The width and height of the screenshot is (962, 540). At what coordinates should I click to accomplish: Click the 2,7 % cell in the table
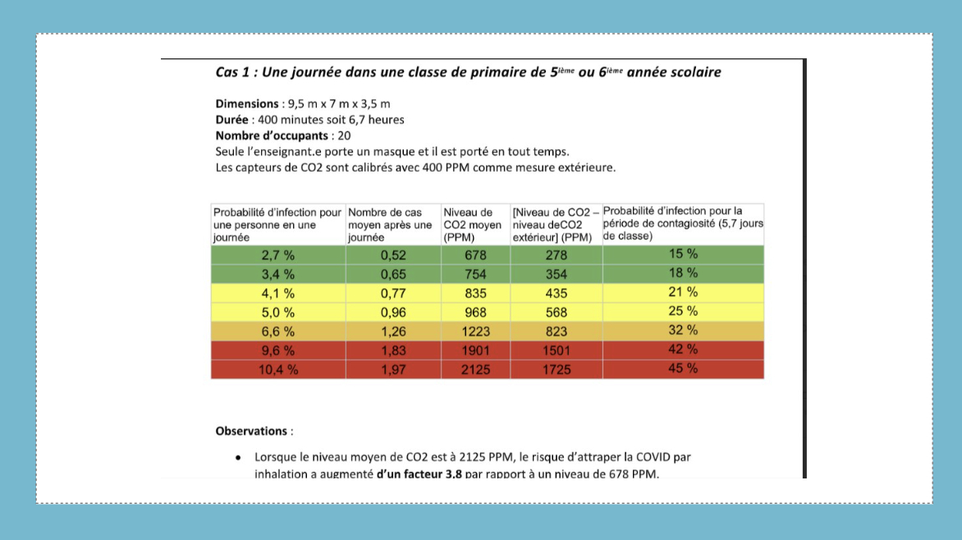pyautogui.click(x=277, y=254)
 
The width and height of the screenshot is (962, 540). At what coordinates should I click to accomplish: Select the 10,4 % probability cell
pyautogui.click(x=277, y=369)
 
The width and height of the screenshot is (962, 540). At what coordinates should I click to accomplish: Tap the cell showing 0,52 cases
pyautogui.click(x=393, y=254)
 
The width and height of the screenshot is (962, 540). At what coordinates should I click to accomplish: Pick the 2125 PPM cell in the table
pyautogui.click(x=475, y=369)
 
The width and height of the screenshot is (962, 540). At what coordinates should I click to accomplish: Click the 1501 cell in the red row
pyautogui.click(x=556, y=350)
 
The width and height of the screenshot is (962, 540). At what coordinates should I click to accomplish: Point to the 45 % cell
pyautogui.click(x=683, y=368)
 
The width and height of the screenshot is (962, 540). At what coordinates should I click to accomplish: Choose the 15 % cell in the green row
pyautogui.click(x=683, y=254)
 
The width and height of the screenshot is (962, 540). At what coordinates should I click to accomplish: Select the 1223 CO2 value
pyautogui.click(x=475, y=331)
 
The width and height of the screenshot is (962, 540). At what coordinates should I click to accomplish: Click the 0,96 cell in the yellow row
pyautogui.click(x=393, y=312)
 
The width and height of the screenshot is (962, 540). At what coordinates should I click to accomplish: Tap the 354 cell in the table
pyautogui.click(x=556, y=273)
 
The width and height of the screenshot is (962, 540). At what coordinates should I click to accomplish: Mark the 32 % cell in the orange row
pyautogui.click(x=683, y=330)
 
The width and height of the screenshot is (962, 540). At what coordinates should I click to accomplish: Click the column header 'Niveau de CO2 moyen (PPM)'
pyautogui.click(x=474, y=224)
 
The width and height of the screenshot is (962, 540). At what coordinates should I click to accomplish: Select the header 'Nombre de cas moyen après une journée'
pyautogui.click(x=392, y=224)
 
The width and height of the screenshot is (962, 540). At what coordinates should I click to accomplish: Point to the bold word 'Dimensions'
pyautogui.click(x=247, y=104)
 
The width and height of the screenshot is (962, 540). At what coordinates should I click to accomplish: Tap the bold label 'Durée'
pyautogui.click(x=234, y=120)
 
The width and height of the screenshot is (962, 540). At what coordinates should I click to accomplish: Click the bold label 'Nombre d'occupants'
pyautogui.click(x=272, y=135)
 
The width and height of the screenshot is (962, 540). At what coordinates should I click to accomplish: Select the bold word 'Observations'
pyautogui.click(x=251, y=431)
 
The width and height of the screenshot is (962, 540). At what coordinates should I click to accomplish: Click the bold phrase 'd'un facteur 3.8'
pyautogui.click(x=419, y=474)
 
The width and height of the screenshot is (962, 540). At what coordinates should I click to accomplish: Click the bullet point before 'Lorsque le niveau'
pyautogui.click(x=237, y=457)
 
